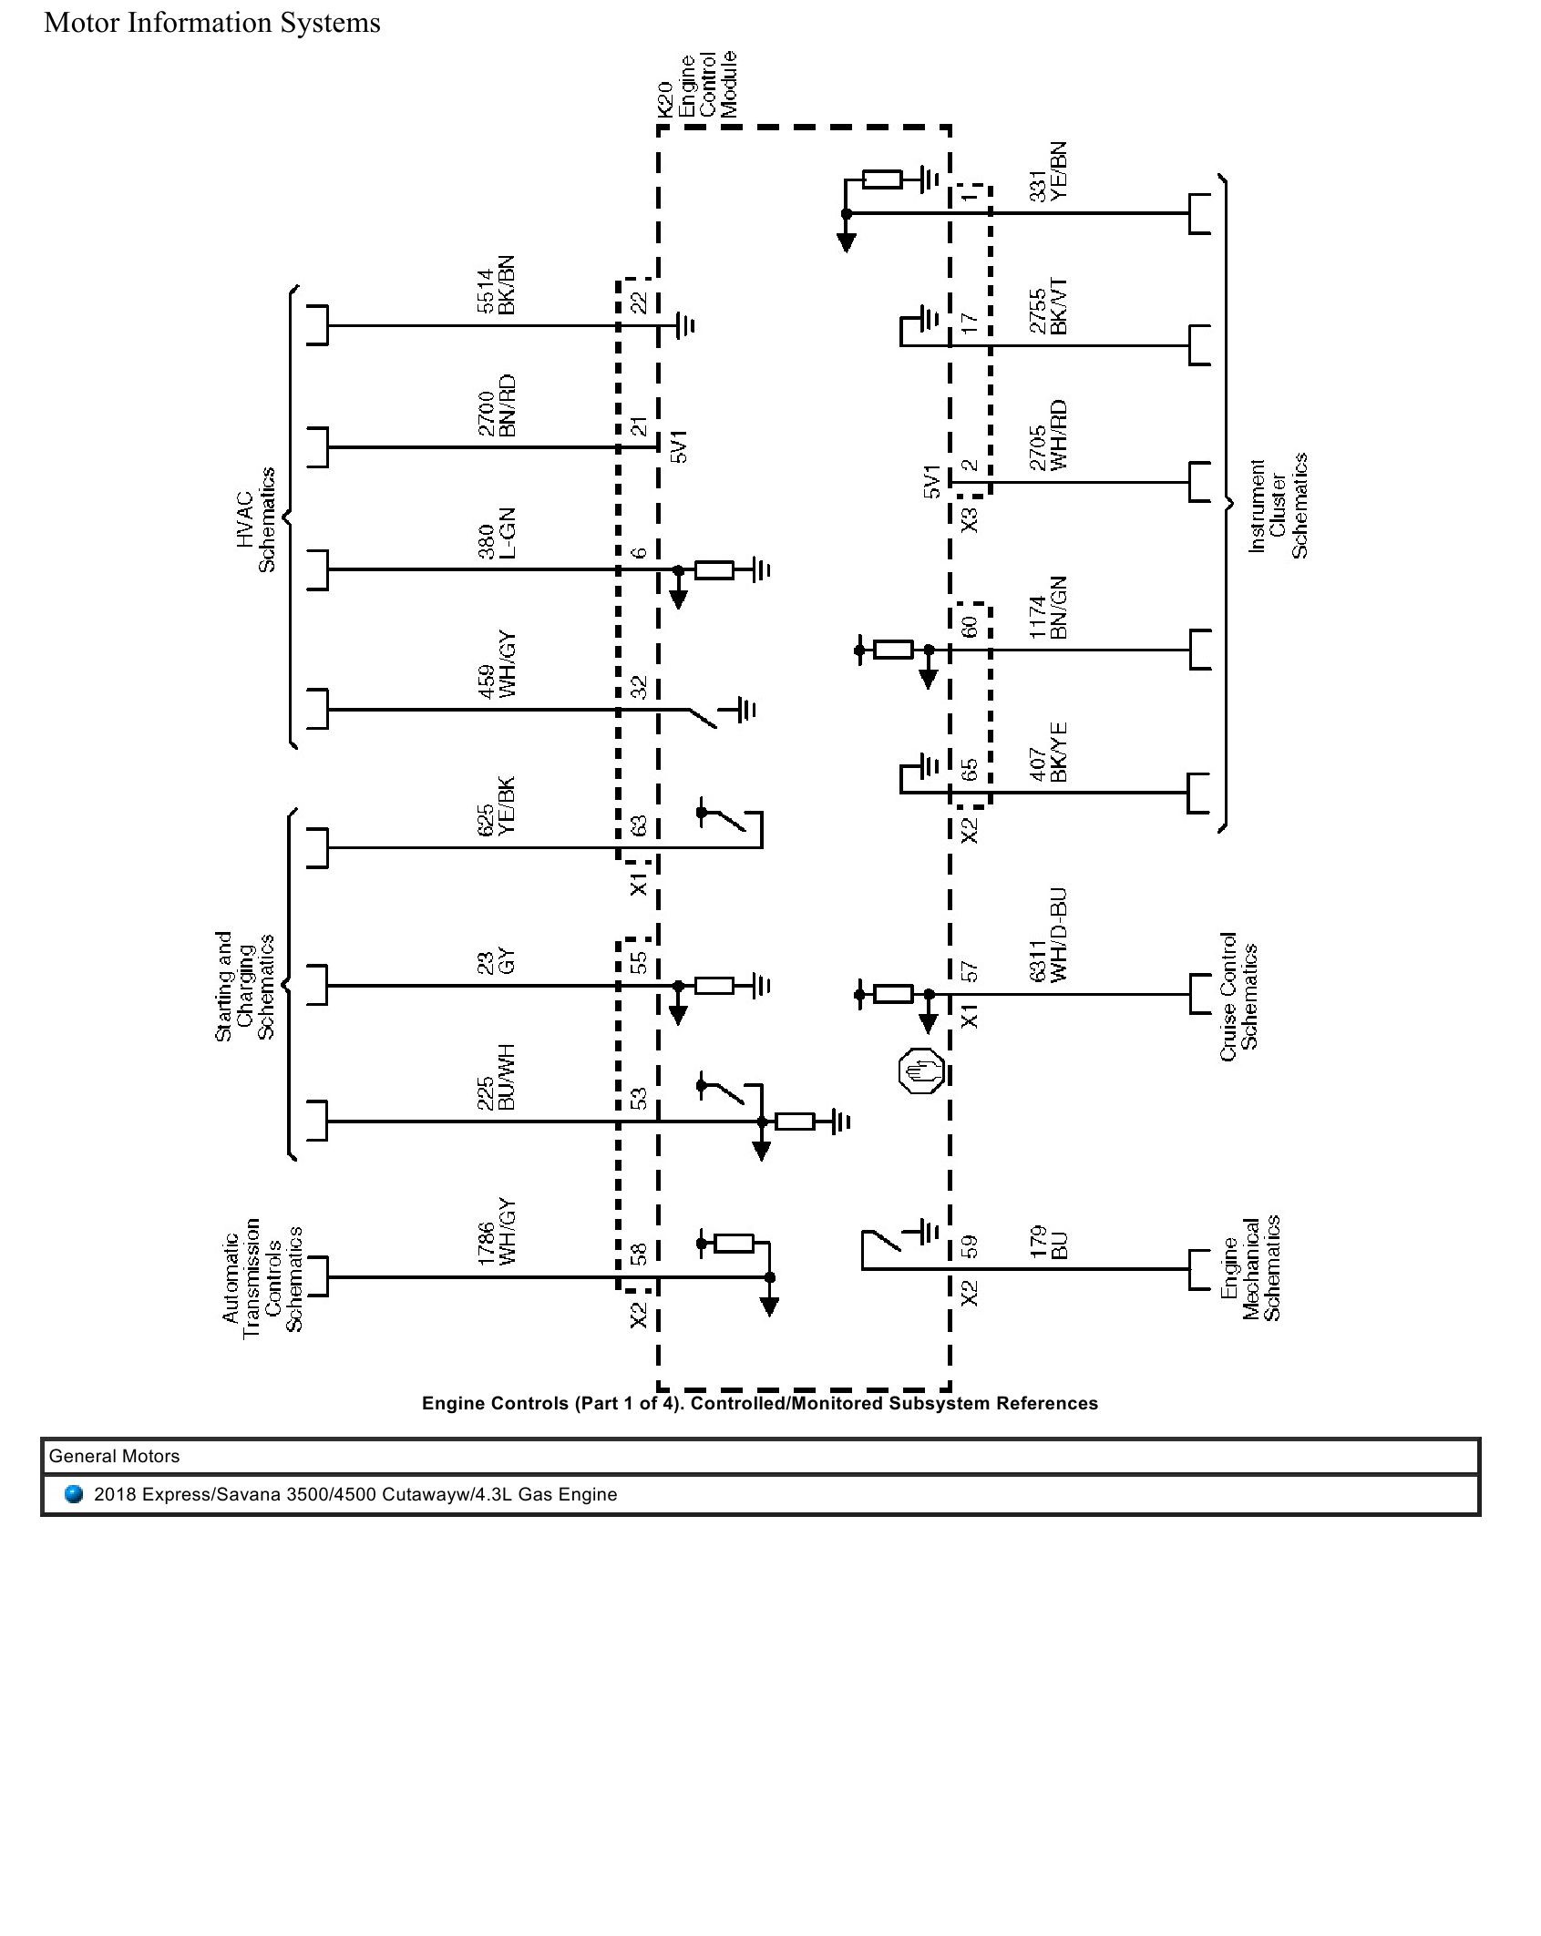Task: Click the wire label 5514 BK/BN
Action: (497, 285)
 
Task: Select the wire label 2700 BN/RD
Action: (497, 405)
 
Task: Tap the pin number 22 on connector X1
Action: (640, 302)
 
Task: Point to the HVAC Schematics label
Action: (255, 519)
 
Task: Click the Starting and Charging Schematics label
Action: (244, 986)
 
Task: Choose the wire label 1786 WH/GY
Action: (497, 1232)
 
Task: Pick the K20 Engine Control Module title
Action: (697, 86)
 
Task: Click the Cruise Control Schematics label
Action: (1238, 997)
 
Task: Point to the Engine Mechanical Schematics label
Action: (1250, 1267)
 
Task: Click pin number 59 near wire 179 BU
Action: (970, 1245)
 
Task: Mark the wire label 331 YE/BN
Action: (1048, 171)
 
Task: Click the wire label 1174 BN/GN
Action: (1048, 607)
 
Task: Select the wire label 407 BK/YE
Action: (1048, 753)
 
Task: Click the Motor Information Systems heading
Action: (212, 23)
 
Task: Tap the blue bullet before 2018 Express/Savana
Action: (75, 1494)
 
